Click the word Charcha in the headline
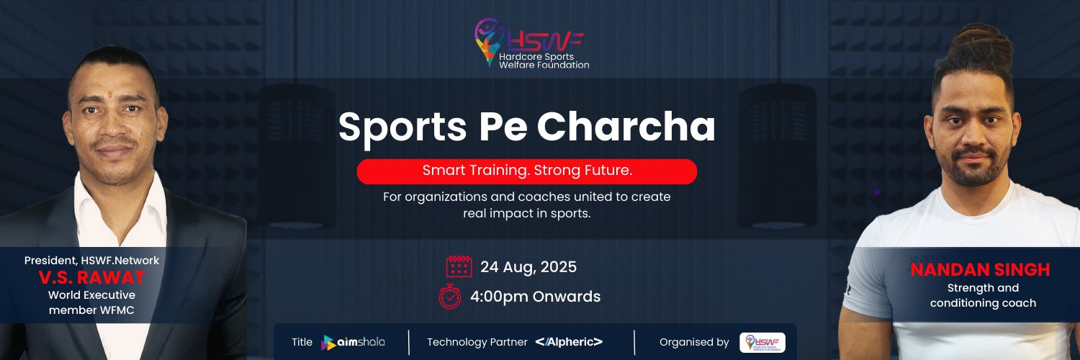coord(626,126)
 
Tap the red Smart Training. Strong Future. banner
coord(527,171)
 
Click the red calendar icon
coord(459,266)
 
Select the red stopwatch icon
coord(450,297)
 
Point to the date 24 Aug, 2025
coord(528,267)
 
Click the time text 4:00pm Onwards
coord(535,297)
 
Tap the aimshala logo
coord(353,342)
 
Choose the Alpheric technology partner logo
coord(569,342)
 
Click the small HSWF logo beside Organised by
coord(762,342)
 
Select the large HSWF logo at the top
coord(531,43)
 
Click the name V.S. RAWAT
coord(91,278)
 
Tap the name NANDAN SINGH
coord(980,270)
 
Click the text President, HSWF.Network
coord(91,260)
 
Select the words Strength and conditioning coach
coord(983,295)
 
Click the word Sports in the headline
coord(402,127)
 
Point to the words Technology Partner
coord(477,342)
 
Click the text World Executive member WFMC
coord(91,302)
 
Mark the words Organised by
coord(694,342)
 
